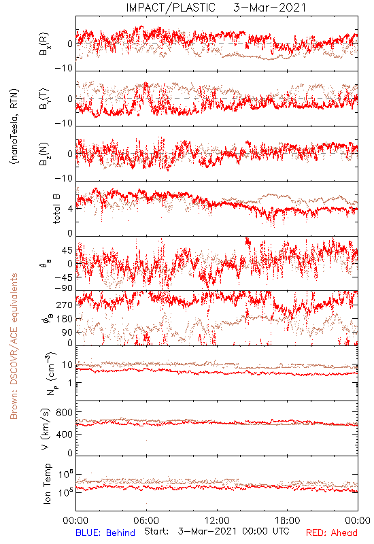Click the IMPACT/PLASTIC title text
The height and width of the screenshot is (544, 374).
tap(171, 7)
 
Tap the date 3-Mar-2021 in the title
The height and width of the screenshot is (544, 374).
tap(269, 7)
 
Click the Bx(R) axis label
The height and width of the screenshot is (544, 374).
tap(44, 44)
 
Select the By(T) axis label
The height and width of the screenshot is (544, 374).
tap(44, 99)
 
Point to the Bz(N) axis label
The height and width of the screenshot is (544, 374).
tap(44, 154)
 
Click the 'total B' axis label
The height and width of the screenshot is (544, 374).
tap(56, 209)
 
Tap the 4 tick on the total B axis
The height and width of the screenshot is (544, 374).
tap(71, 209)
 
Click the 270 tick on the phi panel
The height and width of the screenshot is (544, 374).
tap(65, 305)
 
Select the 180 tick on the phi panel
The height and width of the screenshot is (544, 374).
tap(65, 319)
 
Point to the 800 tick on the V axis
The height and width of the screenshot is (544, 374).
tap(65, 412)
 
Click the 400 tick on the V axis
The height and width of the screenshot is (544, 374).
tap(65, 435)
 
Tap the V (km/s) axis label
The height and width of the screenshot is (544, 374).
tap(46, 429)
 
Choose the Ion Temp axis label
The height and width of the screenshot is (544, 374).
tap(47, 483)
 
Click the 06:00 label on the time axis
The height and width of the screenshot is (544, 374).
tap(146, 520)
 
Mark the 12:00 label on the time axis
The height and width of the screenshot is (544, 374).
tap(217, 520)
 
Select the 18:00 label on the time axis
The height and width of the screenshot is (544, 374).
tap(288, 520)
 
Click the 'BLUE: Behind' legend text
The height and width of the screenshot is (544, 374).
tap(105, 532)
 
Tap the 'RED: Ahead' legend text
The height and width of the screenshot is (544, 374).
tap(331, 532)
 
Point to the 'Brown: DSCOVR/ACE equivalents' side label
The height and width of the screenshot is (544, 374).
tap(14, 346)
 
